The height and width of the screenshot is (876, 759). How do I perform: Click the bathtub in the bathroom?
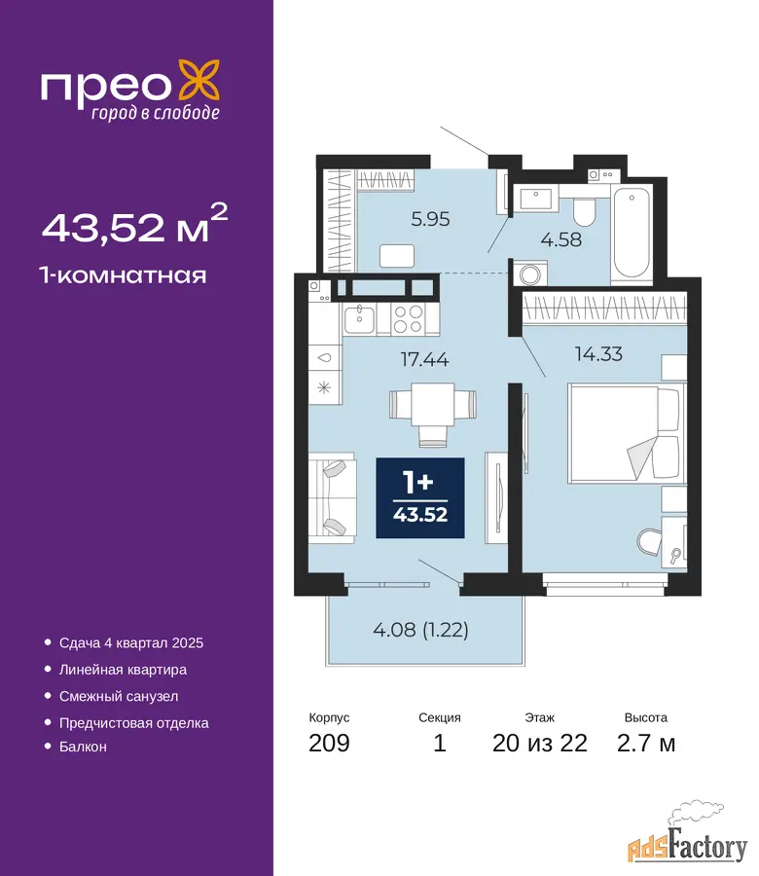pos(632,234)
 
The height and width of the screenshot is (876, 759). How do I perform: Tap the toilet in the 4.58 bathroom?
pos(584,211)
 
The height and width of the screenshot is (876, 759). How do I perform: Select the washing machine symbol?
pos(529,274)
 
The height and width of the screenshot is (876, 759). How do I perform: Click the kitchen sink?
pos(359,319)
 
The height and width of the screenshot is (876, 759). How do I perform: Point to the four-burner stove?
pos(408,319)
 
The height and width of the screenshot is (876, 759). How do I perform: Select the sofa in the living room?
pos(332,497)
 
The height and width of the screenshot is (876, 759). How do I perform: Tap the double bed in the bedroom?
pos(626,432)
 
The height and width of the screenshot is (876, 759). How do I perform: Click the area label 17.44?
pos(425,359)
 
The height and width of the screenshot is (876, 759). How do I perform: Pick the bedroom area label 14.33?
pos(598,353)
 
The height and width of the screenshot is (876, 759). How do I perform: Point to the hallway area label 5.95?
pos(430,218)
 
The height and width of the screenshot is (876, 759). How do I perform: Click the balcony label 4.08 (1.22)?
pos(420,630)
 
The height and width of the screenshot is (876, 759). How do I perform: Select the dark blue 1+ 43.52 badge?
pos(420,497)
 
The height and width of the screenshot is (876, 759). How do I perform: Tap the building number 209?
pos(330,743)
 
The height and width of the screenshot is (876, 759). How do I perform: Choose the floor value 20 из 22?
pos(539,743)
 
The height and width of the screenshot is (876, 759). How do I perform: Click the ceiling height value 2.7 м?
pos(646,743)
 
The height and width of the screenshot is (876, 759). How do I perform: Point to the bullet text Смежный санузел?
pos(119,696)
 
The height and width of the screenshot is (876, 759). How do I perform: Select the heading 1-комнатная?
pos(123,275)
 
